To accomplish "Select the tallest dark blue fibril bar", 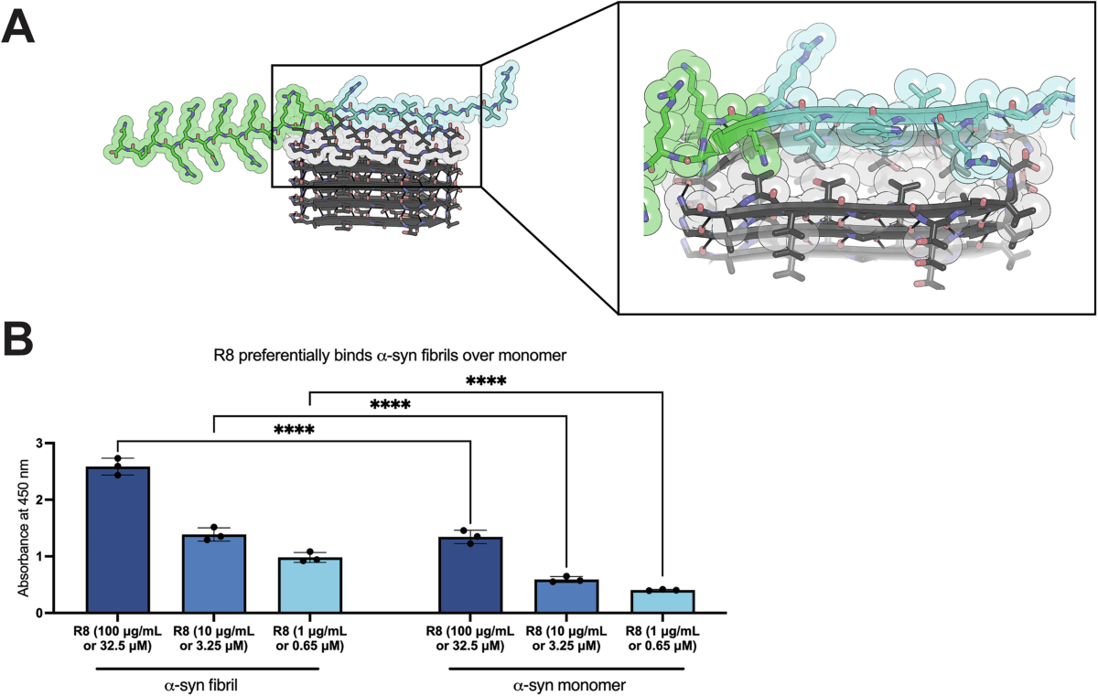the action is click(x=118, y=540).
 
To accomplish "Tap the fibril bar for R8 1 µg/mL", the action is click(x=309, y=585).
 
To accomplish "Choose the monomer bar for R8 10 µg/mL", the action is click(x=566, y=595).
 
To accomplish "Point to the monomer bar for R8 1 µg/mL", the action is click(x=662, y=601).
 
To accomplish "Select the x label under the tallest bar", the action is click(x=118, y=639).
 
